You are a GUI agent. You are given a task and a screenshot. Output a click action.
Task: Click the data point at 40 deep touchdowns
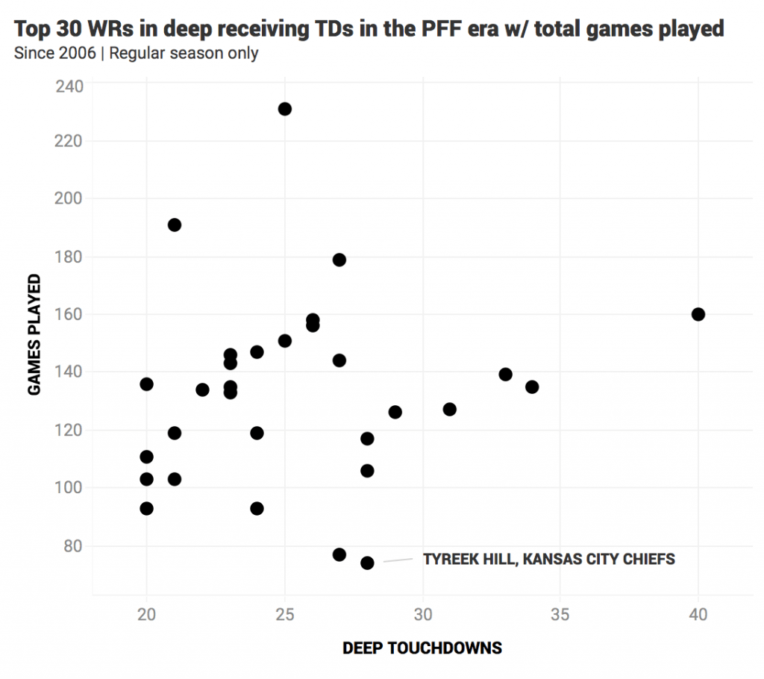(x=698, y=314)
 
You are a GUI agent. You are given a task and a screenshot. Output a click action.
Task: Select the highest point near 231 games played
(x=284, y=109)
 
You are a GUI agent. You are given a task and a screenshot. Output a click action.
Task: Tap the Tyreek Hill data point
(x=367, y=563)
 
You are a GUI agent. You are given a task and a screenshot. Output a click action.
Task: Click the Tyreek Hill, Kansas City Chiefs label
(x=548, y=559)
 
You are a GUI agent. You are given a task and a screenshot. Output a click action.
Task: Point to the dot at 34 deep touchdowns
(x=532, y=387)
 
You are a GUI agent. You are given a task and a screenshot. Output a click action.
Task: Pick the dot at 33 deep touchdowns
(x=505, y=375)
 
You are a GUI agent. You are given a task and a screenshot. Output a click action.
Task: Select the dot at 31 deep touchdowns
(x=449, y=409)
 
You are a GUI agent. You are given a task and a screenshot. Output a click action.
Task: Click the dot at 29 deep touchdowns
(x=395, y=412)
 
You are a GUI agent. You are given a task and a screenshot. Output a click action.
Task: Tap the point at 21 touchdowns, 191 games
(x=175, y=225)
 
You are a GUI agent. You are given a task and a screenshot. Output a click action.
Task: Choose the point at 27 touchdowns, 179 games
(x=339, y=260)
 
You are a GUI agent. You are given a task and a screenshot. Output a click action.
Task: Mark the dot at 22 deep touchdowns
(x=202, y=389)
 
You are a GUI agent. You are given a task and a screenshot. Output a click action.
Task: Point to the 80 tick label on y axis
(x=73, y=546)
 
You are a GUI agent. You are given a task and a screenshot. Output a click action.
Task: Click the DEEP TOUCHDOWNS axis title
(x=422, y=648)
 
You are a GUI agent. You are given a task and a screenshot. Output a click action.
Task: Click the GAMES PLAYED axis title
(x=34, y=334)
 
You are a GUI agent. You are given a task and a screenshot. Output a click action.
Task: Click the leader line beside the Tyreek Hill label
(x=397, y=560)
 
